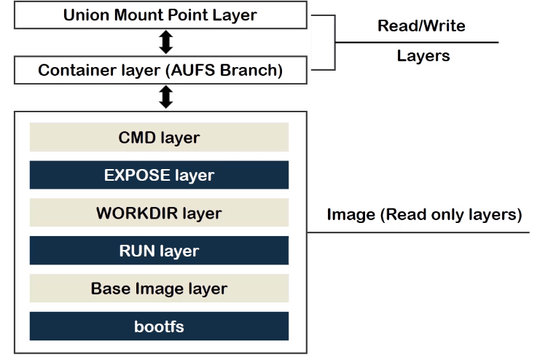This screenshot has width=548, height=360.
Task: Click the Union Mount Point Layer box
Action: [160, 15]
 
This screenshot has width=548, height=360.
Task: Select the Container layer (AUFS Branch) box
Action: [160, 70]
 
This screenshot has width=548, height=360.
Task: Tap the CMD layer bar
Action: [159, 137]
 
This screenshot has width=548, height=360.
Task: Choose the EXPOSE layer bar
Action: [159, 175]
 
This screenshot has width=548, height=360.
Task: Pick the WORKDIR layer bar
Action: [159, 213]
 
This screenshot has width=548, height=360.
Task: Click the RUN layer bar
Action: [159, 250]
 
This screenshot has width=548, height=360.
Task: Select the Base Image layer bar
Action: [159, 288]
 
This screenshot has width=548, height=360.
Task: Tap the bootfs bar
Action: [159, 326]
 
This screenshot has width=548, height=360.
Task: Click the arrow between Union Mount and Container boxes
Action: [166, 42]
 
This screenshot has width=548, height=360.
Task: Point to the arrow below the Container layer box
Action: [166, 97]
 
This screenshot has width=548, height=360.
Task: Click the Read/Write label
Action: [421, 26]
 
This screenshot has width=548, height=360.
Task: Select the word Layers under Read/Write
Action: [423, 56]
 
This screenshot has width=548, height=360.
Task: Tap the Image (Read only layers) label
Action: [424, 214]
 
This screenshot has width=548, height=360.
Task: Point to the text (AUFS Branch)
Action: [224, 70]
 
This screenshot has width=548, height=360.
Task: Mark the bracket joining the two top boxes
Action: [334, 43]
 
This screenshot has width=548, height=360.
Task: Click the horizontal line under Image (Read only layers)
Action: [418, 232]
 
